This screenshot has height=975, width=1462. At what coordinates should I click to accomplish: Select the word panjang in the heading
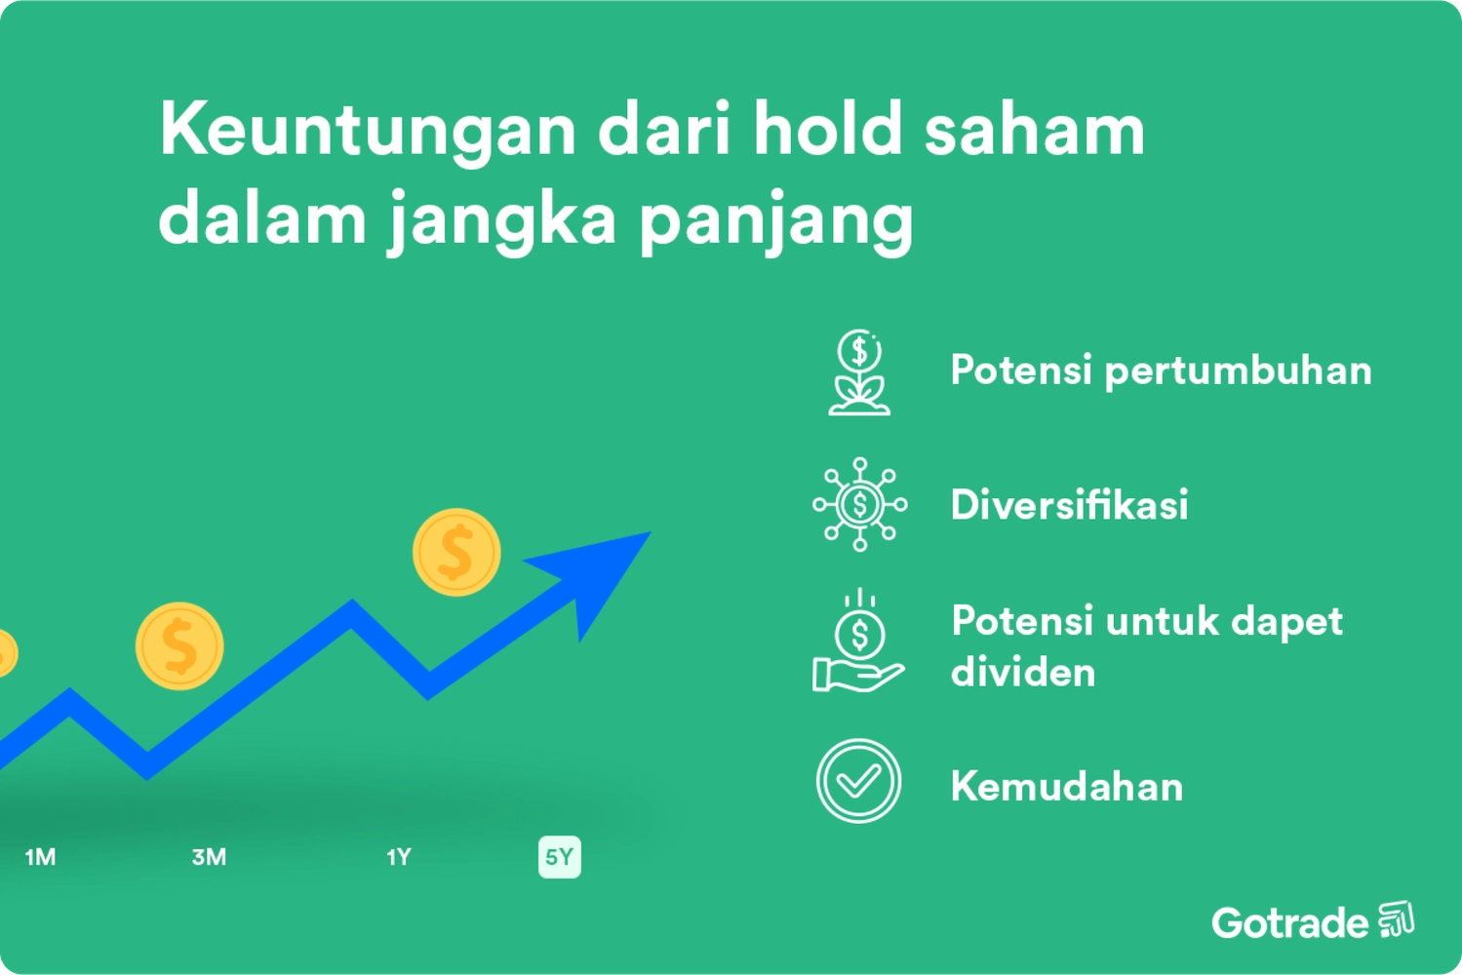[x=776, y=220]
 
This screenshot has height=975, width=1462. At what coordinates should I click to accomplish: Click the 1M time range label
[x=40, y=857]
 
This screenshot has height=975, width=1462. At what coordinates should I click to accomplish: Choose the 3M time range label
[x=209, y=857]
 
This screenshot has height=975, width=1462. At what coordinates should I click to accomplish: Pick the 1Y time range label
[x=399, y=857]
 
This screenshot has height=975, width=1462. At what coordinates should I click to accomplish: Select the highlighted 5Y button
[x=559, y=857]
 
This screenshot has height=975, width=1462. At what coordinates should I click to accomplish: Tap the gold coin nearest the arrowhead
[x=455, y=552]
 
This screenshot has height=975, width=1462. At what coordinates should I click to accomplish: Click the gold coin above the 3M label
[x=179, y=645]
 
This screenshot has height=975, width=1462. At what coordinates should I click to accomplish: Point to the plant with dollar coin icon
[x=858, y=372]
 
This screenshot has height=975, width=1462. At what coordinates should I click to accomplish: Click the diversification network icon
[x=859, y=504]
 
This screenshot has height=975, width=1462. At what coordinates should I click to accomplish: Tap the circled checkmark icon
[x=858, y=781]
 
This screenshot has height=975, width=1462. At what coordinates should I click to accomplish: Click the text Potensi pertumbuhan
[x=1161, y=370]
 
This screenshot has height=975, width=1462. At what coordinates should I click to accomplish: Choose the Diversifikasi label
[x=1069, y=505]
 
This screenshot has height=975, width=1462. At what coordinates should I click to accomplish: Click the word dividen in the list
[x=1023, y=672]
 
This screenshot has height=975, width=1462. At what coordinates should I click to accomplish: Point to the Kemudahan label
[x=1066, y=787]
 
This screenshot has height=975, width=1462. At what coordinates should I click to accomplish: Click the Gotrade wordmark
[x=1289, y=922]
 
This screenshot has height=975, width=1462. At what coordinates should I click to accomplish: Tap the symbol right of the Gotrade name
[x=1396, y=919]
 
